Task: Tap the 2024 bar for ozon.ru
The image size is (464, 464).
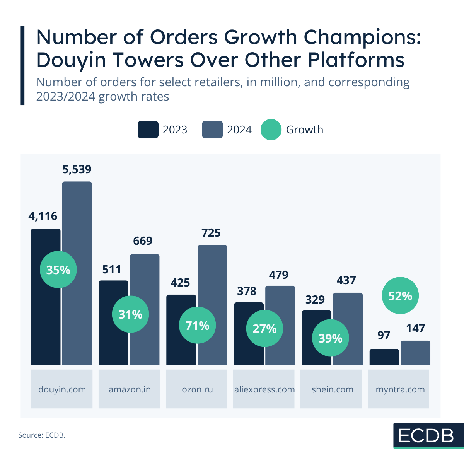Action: [212, 271]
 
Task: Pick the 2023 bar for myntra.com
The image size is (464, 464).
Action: [384, 357]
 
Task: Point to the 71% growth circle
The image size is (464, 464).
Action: [197, 326]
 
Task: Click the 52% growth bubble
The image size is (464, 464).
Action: [400, 296]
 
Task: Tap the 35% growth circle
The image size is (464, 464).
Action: [58, 270]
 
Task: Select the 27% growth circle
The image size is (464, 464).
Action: [264, 329]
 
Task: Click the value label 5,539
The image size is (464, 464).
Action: [77, 169]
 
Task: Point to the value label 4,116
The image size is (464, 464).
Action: [43, 216]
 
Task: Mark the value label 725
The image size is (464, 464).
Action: [211, 233]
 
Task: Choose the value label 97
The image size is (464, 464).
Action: [384, 335]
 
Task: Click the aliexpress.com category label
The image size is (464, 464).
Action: [264, 389]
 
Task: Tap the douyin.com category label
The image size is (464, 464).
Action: [62, 389]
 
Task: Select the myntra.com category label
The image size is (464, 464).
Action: [400, 389]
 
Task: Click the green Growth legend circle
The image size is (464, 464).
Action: [271, 130]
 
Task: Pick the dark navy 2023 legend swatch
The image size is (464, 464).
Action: [148, 130]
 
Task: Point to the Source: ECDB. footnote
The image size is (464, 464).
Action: [42, 435]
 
